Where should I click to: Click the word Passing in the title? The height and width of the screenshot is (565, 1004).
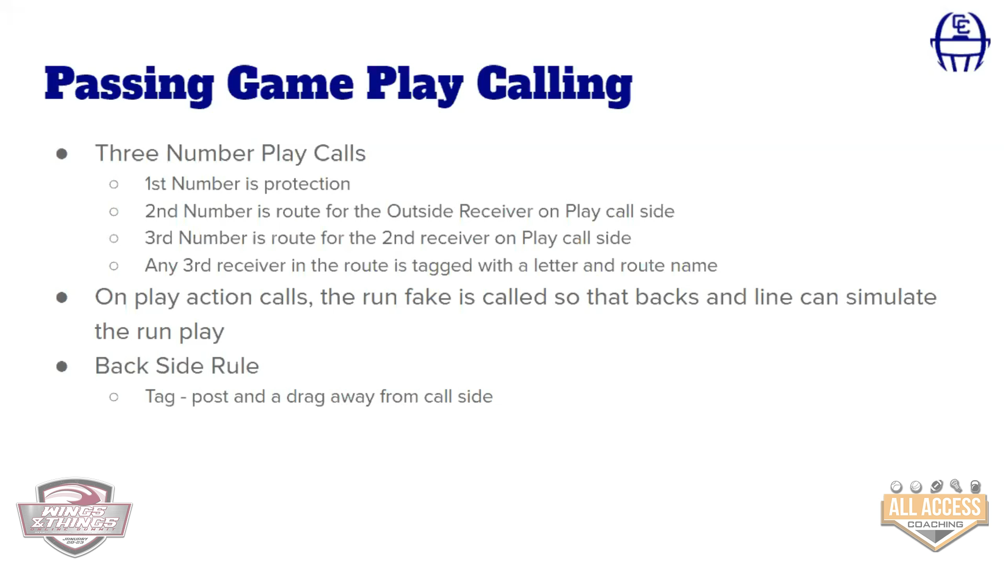[129, 85]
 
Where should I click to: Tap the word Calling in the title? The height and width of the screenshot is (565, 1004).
[554, 85]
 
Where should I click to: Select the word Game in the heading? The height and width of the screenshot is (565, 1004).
[290, 84]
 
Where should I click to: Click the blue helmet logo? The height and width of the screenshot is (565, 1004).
[960, 42]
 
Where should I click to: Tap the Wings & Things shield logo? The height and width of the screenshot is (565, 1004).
[74, 517]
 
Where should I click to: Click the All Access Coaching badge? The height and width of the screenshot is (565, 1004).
[934, 515]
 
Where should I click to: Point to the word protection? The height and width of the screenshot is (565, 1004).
[307, 184]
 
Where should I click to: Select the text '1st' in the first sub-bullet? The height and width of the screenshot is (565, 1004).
[155, 184]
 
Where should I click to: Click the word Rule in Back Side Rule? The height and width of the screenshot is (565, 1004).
[235, 366]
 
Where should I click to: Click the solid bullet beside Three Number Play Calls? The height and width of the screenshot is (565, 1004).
[62, 154]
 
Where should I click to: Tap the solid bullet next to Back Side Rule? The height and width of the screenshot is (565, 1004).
[62, 366]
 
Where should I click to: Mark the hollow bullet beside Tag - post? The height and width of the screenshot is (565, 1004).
[114, 397]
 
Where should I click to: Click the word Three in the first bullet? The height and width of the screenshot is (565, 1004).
[127, 153]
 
